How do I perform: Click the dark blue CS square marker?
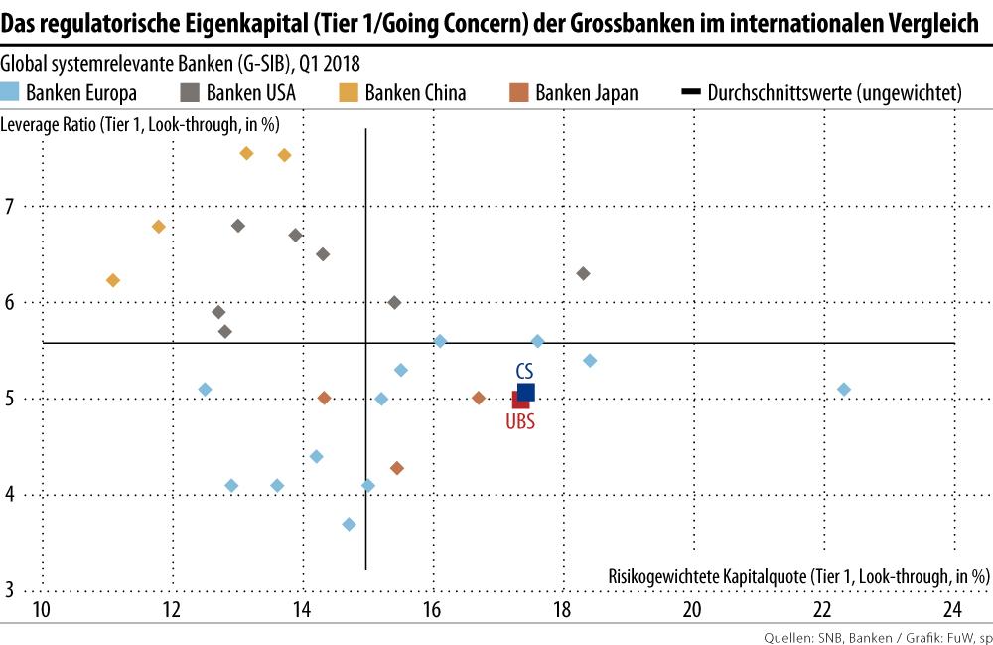coord(526,392)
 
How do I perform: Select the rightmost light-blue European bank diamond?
coord(844,390)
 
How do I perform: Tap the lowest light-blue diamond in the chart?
coord(349,524)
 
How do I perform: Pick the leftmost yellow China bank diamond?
coord(113,280)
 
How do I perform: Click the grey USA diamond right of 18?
coord(583,273)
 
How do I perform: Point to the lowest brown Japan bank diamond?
coord(397,468)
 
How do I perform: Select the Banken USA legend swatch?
coord(189,93)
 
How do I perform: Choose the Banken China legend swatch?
coord(349,93)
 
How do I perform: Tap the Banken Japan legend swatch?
coord(517,93)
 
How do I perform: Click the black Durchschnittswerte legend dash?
coord(691,93)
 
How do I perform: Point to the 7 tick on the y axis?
coord(11,207)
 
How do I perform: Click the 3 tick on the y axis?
coord(11,590)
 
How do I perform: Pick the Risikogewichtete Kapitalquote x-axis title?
coord(797,575)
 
